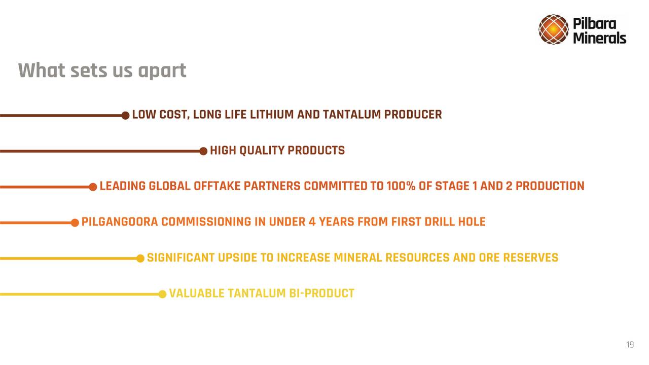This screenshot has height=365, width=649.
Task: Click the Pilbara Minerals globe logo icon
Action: [553, 29]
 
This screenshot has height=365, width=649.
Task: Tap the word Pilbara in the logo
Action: [594, 23]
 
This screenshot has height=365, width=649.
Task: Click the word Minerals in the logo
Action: [599, 38]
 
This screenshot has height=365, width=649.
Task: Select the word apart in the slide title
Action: [162, 71]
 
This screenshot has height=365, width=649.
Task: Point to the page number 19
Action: [630, 344]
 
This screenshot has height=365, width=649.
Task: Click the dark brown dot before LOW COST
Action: [125, 115]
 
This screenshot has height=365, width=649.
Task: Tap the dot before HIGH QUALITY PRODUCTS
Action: [203, 151]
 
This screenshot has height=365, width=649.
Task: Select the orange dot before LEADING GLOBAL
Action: [93, 187]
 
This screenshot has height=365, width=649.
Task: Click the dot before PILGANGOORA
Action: [75, 223]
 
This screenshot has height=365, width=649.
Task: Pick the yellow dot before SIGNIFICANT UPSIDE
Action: [140, 259]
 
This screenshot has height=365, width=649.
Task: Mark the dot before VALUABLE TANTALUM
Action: [162, 294]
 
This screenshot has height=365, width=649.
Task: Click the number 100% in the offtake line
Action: [401, 186]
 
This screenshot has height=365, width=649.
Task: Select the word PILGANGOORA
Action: [120, 222]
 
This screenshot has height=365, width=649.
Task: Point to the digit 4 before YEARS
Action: [312, 222]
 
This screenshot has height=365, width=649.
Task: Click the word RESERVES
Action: [530, 258]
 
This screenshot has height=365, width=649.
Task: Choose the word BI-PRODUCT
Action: [321, 294]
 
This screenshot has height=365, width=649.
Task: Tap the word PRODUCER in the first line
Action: [413, 115]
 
